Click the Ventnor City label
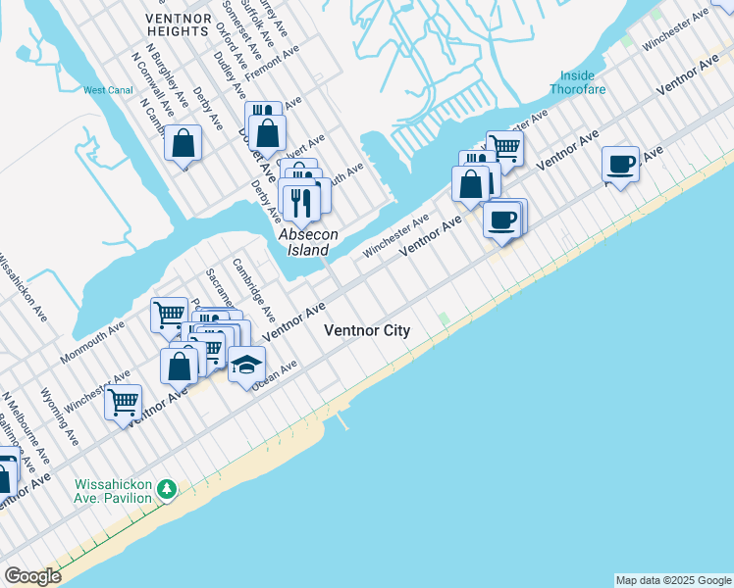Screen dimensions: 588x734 point(367,331)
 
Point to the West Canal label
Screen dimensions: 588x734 point(107,90)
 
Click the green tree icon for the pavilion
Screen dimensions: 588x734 point(168,488)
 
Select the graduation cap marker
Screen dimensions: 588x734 point(246,365)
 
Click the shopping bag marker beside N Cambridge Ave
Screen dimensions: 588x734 point(183,143)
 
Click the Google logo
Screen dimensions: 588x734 point(32,576)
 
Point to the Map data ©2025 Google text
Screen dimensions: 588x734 point(674,580)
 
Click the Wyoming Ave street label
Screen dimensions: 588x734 point(55,416)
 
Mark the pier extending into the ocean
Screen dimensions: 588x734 point(342,422)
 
